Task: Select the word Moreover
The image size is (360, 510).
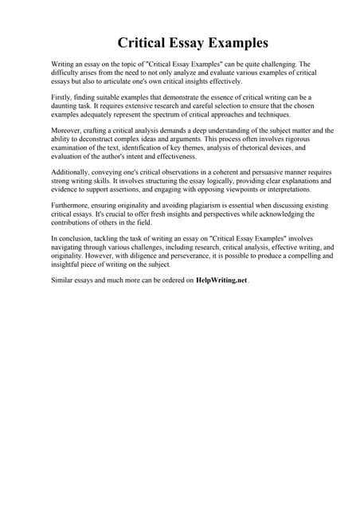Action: [68, 128]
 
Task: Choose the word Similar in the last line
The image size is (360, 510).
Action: [63, 280]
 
